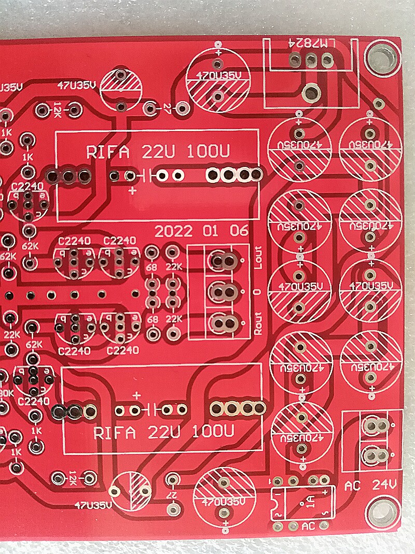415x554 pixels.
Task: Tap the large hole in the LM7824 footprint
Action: pyautogui.click(x=310, y=93)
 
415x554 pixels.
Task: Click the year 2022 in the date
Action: pyautogui.click(x=173, y=231)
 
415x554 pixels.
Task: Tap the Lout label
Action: pyautogui.click(x=259, y=258)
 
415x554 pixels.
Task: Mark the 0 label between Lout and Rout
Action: pyautogui.click(x=259, y=292)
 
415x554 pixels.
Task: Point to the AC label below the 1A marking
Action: pyautogui.click(x=308, y=525)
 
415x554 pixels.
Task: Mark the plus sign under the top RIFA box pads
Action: pyautogui.click(x=133, y=190)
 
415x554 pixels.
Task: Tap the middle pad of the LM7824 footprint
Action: pyautogui.click(x=310, y=61)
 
